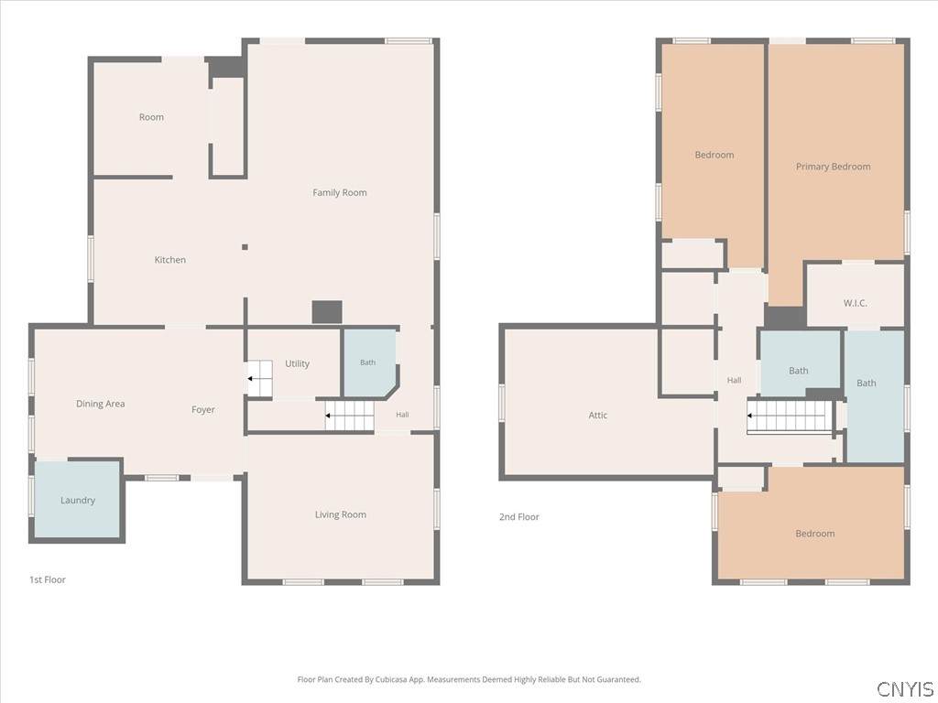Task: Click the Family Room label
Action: [x=339, y=192]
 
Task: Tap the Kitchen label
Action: [x=169, y=259]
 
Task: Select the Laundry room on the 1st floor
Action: [x=78, y=499]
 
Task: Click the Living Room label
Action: [x=341, y=514]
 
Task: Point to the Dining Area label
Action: [x=101, y=404]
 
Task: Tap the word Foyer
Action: [x=202, y=409]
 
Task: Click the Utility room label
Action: [x=297, y=363]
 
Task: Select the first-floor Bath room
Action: [x=368, y=362]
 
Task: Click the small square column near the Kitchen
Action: [x=245, y=247]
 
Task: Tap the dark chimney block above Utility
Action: [x=327, y=312]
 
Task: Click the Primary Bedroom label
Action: [x=833, y=167]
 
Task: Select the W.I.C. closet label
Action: [x=855, y=303]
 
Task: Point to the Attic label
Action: [x=597, y=415]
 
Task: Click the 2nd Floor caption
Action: [x=518, y=516]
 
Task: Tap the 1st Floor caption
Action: [x=48, y=579]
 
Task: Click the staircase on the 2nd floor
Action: [x=789, y=416]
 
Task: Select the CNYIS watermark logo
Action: [x=904, y=688]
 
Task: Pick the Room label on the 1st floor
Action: [x=151, y=117]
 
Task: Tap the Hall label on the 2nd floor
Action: [x=734, y=380]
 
